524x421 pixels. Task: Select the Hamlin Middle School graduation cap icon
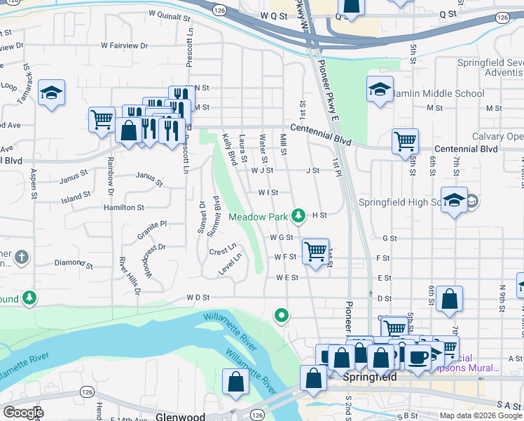(379, 89)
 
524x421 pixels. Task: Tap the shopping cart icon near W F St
(316, 250)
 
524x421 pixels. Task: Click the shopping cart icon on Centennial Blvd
(405, 140)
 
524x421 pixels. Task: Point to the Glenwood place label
(180, 416)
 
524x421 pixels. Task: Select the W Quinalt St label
(170, 14)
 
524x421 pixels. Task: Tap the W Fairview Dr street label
(125, 45)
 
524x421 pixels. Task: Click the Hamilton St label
(123, 208)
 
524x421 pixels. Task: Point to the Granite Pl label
(152, 225)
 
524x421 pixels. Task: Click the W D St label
(198, 298)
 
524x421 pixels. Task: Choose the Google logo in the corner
(23, 413)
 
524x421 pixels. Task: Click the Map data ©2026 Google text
(481, 415)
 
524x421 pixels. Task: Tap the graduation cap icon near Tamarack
(51, 93)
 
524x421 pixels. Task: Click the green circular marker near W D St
(282, 316)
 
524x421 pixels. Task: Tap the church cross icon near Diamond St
(22, 257)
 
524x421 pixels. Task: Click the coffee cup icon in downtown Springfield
(420, 356)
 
